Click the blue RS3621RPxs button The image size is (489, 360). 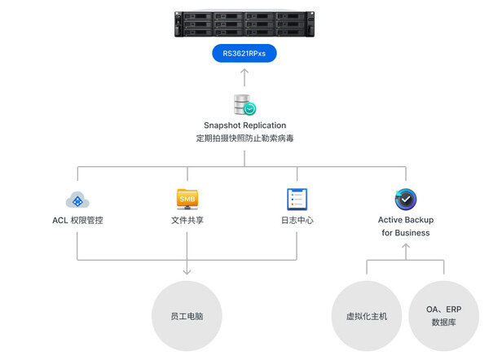tap(244, 54)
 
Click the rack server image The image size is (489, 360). tap(244, 22)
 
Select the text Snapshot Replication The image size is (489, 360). tap(244, 125)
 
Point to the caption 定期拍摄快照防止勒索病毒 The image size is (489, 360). tap(244, 138)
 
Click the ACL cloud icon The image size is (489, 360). tap(77, 200)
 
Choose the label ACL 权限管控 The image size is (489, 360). tap(77, 221)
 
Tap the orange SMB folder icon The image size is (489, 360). tap(187, 199)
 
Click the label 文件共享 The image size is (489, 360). tap(187, 221)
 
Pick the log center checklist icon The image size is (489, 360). tap(297, 200)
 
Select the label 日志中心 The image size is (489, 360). tap(297, 221)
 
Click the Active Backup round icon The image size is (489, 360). tap(405, 200)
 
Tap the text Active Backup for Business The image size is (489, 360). tap(405, 226)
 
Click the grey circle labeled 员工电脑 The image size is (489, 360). tap(187, 315)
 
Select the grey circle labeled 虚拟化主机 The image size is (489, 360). tap(366, 315)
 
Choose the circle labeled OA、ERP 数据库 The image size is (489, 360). tap(443, 315)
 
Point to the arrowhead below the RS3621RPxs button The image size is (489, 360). tap(244, 72)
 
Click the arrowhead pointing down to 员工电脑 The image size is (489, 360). tap(187, 272)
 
